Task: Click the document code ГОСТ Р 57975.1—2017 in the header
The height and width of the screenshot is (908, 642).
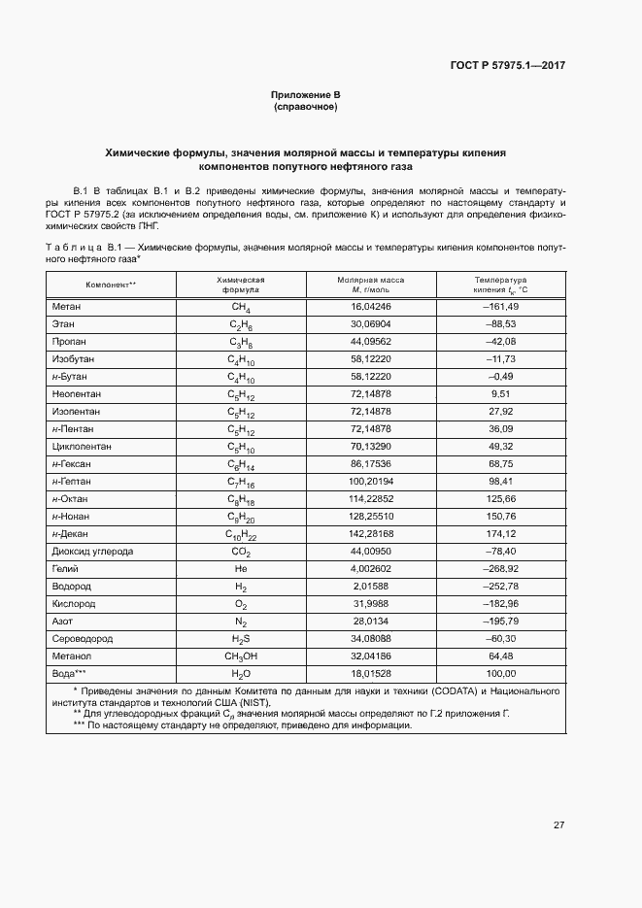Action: tap(509, 66)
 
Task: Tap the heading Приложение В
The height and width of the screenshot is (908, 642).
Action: tap(306, 94)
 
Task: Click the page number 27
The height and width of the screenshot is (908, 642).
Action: tap(559, 824)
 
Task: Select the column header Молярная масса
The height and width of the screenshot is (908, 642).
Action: tap(370, 280)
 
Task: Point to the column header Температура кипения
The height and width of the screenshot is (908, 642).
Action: tap(500, 285)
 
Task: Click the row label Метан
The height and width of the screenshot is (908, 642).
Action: tap(66, 307)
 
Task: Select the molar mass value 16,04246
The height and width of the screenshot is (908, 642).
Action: tap(370, 307)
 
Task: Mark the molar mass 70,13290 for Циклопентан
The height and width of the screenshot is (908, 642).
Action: tap(370, 447)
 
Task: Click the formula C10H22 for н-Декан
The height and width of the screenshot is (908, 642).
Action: tap(240, 535)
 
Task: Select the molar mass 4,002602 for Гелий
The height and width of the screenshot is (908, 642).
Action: tap(370, 569)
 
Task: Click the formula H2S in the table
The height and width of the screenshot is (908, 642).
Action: tap(240, 640)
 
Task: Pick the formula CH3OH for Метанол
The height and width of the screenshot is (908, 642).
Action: tap(240, 657)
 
